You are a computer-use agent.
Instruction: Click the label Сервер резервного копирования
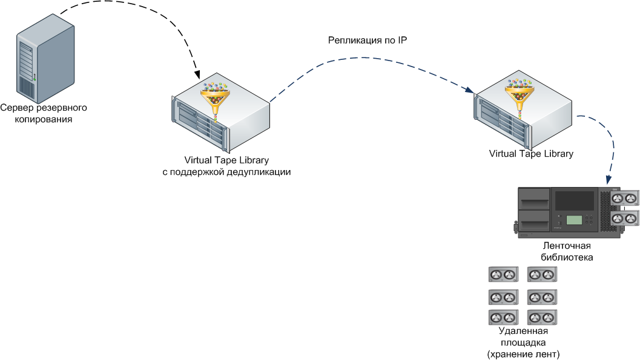44,114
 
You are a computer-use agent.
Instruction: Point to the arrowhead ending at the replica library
469,91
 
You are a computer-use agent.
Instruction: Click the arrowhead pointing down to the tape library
609,180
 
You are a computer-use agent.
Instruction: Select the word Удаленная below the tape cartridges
523,331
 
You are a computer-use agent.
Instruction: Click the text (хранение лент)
523,353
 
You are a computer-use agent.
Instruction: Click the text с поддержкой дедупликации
226,172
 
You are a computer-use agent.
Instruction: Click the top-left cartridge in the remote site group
503,275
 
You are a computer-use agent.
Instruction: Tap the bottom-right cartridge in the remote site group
543,318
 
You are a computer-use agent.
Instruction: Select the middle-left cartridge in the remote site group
503,297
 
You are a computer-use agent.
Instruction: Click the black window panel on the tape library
575,200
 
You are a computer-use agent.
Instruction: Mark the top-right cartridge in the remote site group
543,275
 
